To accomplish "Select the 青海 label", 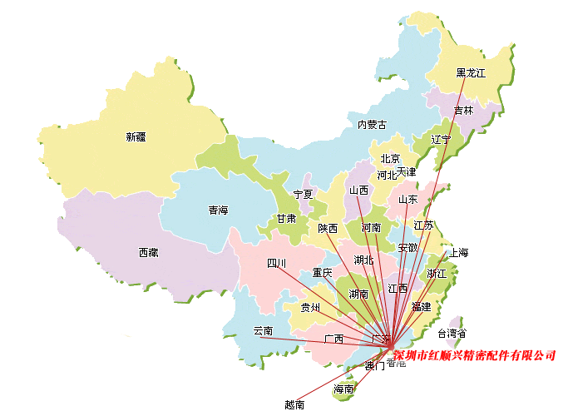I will click(218, 210).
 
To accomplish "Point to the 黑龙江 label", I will click(470, 73).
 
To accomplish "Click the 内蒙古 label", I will click(372, 125).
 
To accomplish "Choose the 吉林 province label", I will click(463, 110).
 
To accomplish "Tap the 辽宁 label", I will click(441, 139).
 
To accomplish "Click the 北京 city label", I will click(390, 159).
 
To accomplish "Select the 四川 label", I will click(276, 264).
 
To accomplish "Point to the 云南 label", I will click(263, 330).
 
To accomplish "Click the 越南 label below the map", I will click(294, 405).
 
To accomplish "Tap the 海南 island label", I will click(343, 389).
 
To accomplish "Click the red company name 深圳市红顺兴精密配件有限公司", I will click(474, 355).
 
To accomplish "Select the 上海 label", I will click(459, 252).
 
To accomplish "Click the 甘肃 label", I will click(286, 219).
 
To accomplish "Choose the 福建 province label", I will click(421, 306).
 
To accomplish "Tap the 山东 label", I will click(407, 199).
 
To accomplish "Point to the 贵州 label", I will click(310, 307).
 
